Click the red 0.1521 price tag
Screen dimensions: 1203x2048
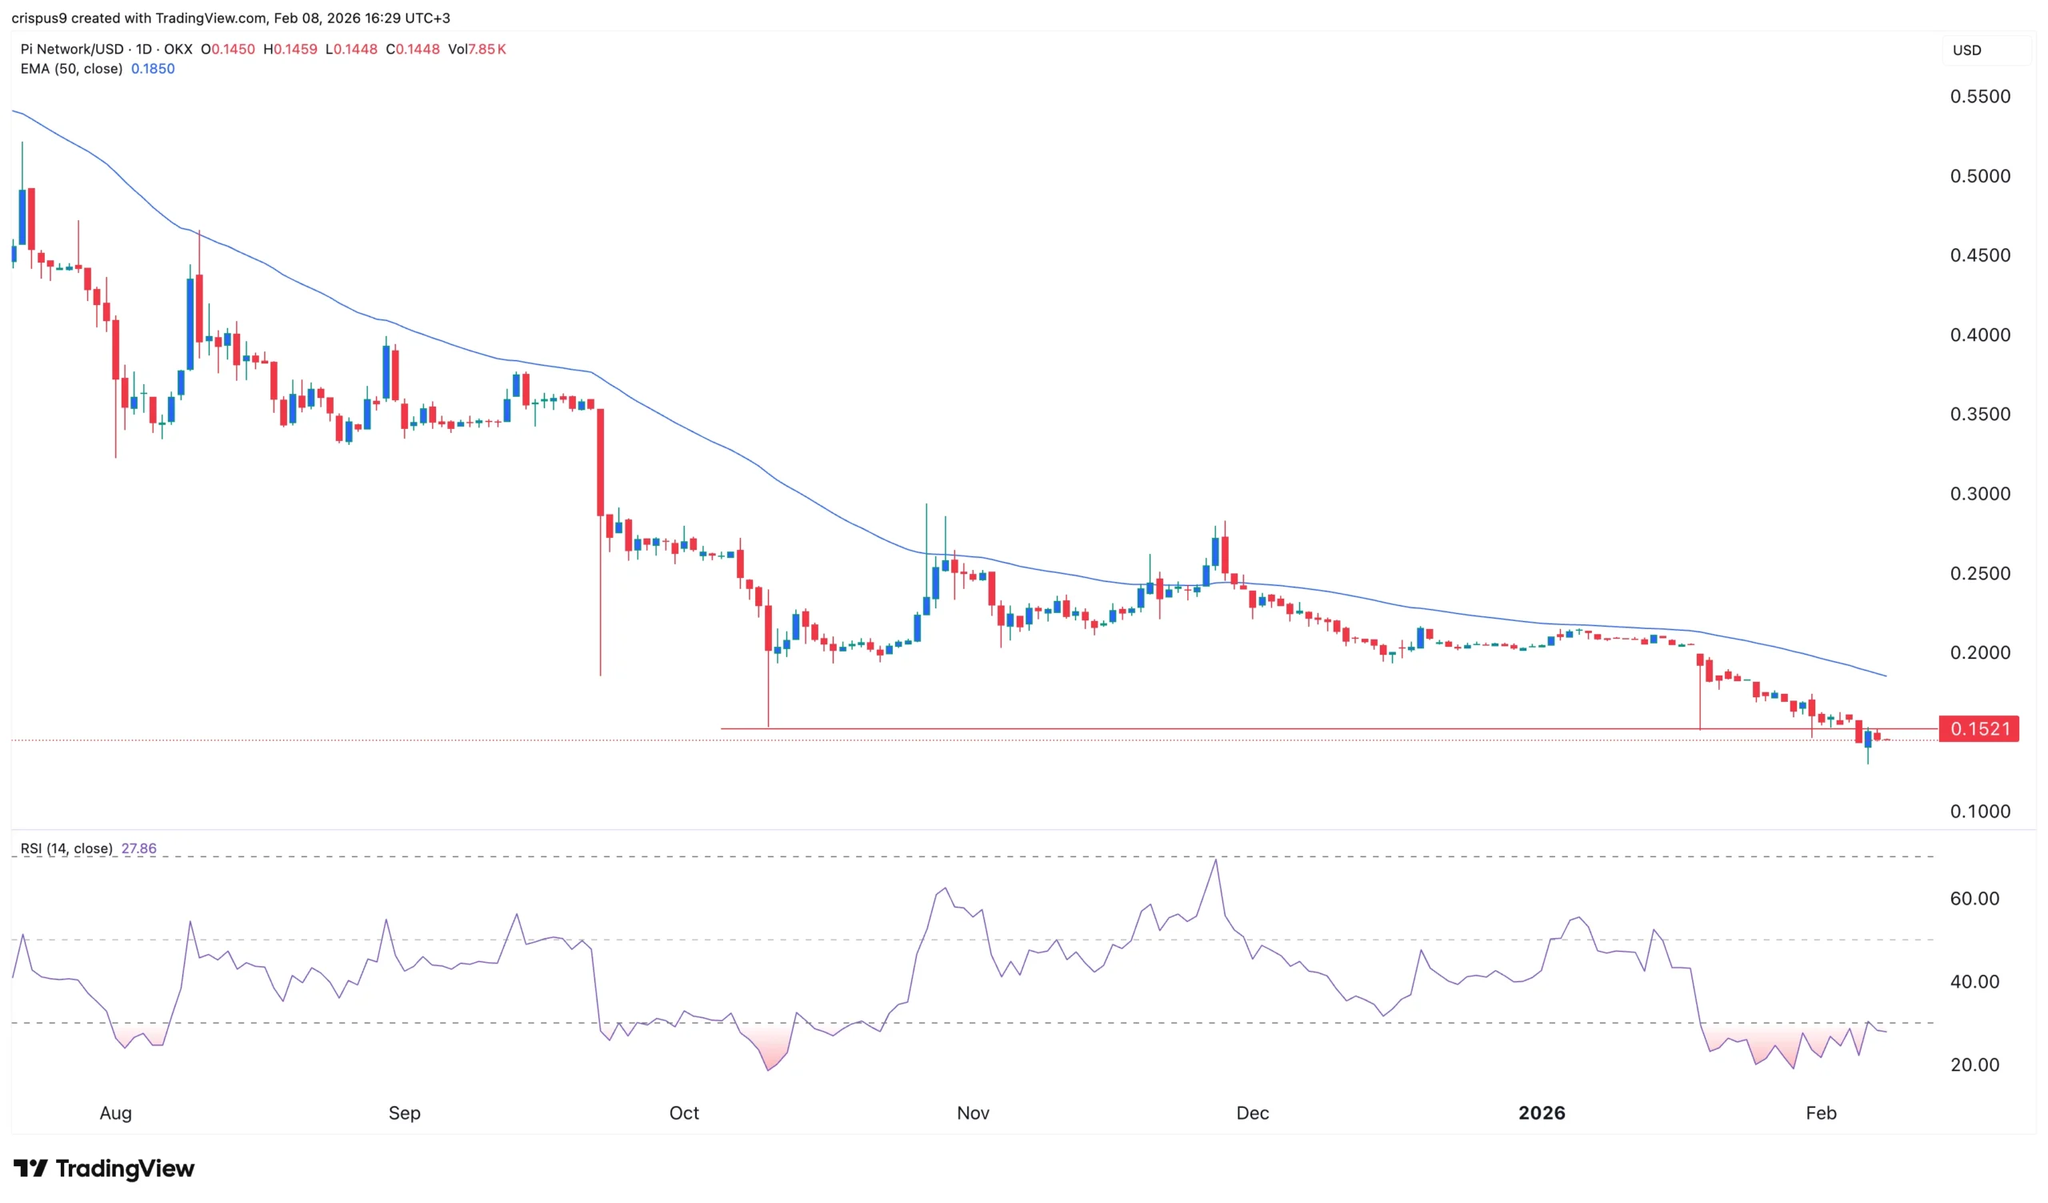(1979, 729)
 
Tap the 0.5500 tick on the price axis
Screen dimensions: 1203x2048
(1980, 97)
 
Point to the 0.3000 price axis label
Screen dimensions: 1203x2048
(1980, 494)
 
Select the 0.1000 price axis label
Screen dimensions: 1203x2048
(1980, 812)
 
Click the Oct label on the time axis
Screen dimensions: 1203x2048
(683, 1113)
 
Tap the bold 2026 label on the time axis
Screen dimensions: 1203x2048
(1541, 1113)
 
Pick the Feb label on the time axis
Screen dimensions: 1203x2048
(1821, 1113)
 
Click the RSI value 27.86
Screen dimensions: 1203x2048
(139, 848)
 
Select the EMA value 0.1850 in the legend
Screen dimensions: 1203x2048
(153, 69)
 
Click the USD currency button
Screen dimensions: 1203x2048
(1966, 50)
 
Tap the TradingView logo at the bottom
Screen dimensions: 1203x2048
(104, 1169)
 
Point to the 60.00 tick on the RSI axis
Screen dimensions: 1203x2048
(1974, 899)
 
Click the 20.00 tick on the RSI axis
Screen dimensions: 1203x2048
(1974, 1065)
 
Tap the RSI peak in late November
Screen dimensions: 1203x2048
(1215, 860)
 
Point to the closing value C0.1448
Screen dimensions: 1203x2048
(413, 50)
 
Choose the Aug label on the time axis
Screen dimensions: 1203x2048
(115, 1113)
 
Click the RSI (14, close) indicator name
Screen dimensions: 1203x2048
(66, 848)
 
